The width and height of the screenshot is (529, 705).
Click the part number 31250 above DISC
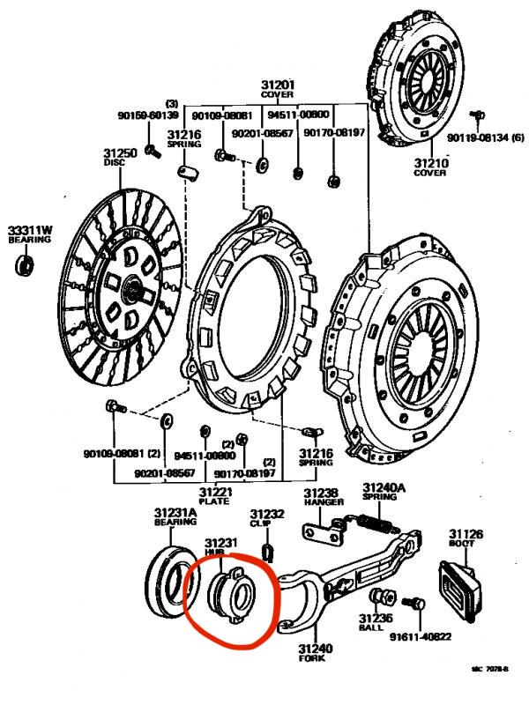point(121,153)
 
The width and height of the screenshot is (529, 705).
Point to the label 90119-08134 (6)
point(485,137)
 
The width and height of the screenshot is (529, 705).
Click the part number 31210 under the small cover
point(432,163)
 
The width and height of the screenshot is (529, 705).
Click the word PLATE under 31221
point(214,501)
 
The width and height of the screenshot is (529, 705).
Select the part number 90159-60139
point(148,115)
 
